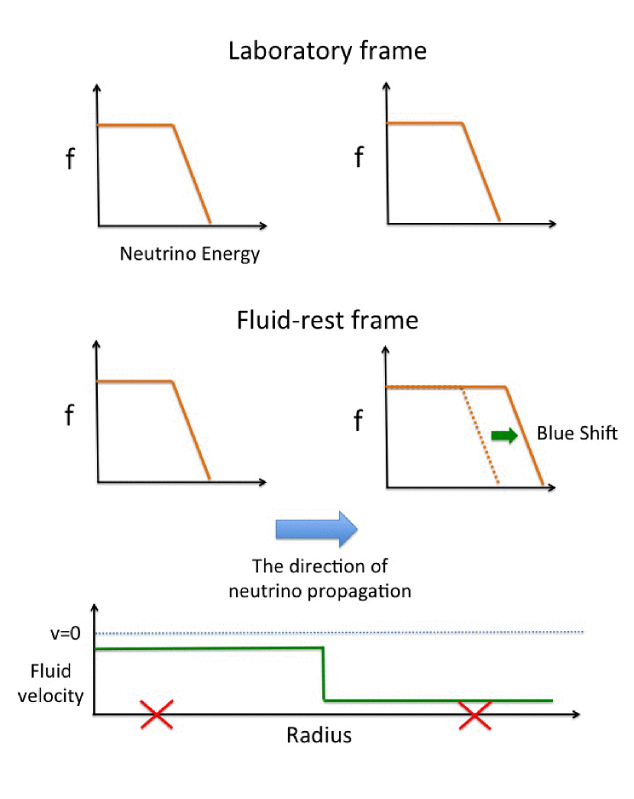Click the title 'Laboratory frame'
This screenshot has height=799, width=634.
(327, 51)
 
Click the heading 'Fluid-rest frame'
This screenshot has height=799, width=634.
(327, 320)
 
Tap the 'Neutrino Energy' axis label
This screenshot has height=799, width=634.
(189, 254)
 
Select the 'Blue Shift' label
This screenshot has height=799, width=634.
(577, 433)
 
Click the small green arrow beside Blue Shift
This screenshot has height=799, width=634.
(504, 435)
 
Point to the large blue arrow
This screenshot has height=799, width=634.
(316, 529)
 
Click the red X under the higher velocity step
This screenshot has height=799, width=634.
(157, 714)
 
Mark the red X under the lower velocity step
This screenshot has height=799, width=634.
(475, 715)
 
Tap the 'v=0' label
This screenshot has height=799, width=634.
(65, 633)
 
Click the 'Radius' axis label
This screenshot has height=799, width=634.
(319, 736)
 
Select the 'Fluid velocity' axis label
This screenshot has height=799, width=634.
(50, 684)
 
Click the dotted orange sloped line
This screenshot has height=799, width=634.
(480, 435)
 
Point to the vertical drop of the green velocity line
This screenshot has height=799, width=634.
(324, 674)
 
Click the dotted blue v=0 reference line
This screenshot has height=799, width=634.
(339, 632)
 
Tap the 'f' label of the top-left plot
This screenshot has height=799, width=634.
(70, 158)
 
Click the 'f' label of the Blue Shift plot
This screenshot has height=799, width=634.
(358, 420)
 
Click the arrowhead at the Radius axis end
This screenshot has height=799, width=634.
(577, 714)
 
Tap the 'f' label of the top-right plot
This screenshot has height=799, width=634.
(359, 157)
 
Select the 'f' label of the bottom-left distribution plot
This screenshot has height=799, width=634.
(70, 415)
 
